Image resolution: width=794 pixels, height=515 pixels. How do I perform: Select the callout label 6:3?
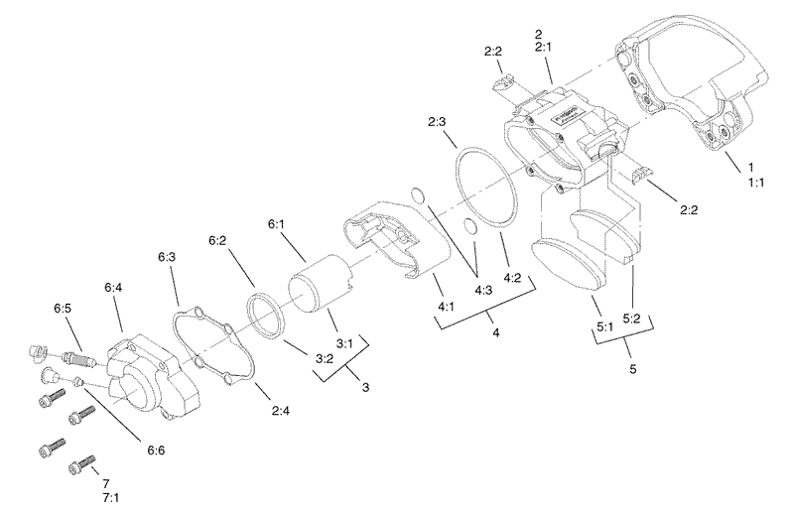(x=166, y=256)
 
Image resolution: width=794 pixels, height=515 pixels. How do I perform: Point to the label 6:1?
(x=276, y=224)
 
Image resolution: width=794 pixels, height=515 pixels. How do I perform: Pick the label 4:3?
(x=484, y=291)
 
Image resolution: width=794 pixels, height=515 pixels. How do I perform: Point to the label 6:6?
(x=157, y=450)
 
